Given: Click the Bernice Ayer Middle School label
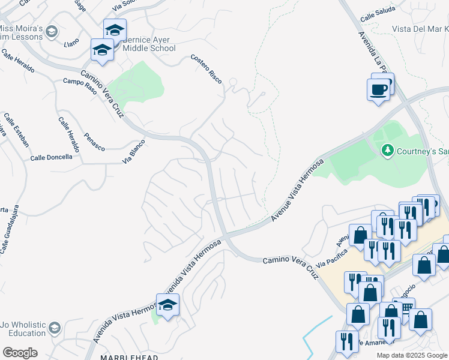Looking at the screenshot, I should pyautogui.click(x=149, y=44).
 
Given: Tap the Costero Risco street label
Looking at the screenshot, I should pyautogui.click(x=206, y=67).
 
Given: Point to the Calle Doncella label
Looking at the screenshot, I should pyautogui.click(x=51, y=157).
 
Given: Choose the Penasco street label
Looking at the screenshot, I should pyautogui.click(x=95, y=142).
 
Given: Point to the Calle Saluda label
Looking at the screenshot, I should pyautogui.click(x=378, y=16).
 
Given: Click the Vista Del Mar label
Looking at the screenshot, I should pyautogui.click(x=420, y=29).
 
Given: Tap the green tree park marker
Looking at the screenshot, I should pyautogui.click(x=387, y=150).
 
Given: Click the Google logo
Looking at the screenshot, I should pyautogui.click(x=20, y=353).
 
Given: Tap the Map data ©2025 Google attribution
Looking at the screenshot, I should pyautogui.click(x=412, y=355).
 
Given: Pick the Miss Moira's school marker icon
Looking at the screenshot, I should pyautogui.click(x=52, y=32).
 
